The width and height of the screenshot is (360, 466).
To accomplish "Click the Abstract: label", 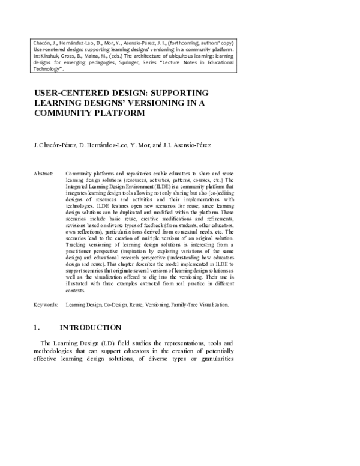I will (44, 173).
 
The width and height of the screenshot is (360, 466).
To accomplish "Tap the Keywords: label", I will (46, 305).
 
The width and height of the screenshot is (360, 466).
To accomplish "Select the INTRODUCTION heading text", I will (91, 327).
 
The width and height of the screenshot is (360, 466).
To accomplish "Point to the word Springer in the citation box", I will (164, 64).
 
